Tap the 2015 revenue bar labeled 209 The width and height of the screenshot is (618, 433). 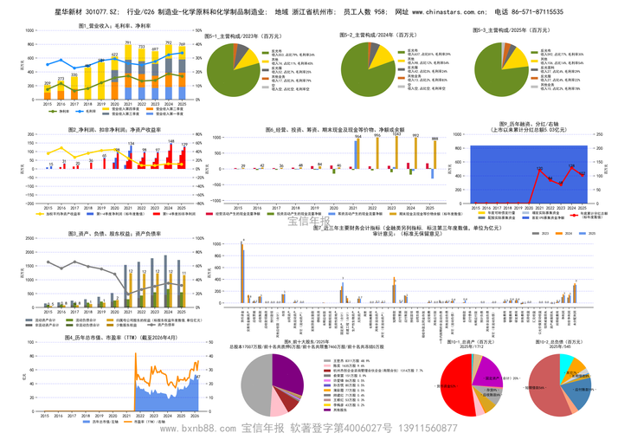coord(48,95)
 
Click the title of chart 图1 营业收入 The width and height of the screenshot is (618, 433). coord(103,27)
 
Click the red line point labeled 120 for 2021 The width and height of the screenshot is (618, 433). coord(538,171)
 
